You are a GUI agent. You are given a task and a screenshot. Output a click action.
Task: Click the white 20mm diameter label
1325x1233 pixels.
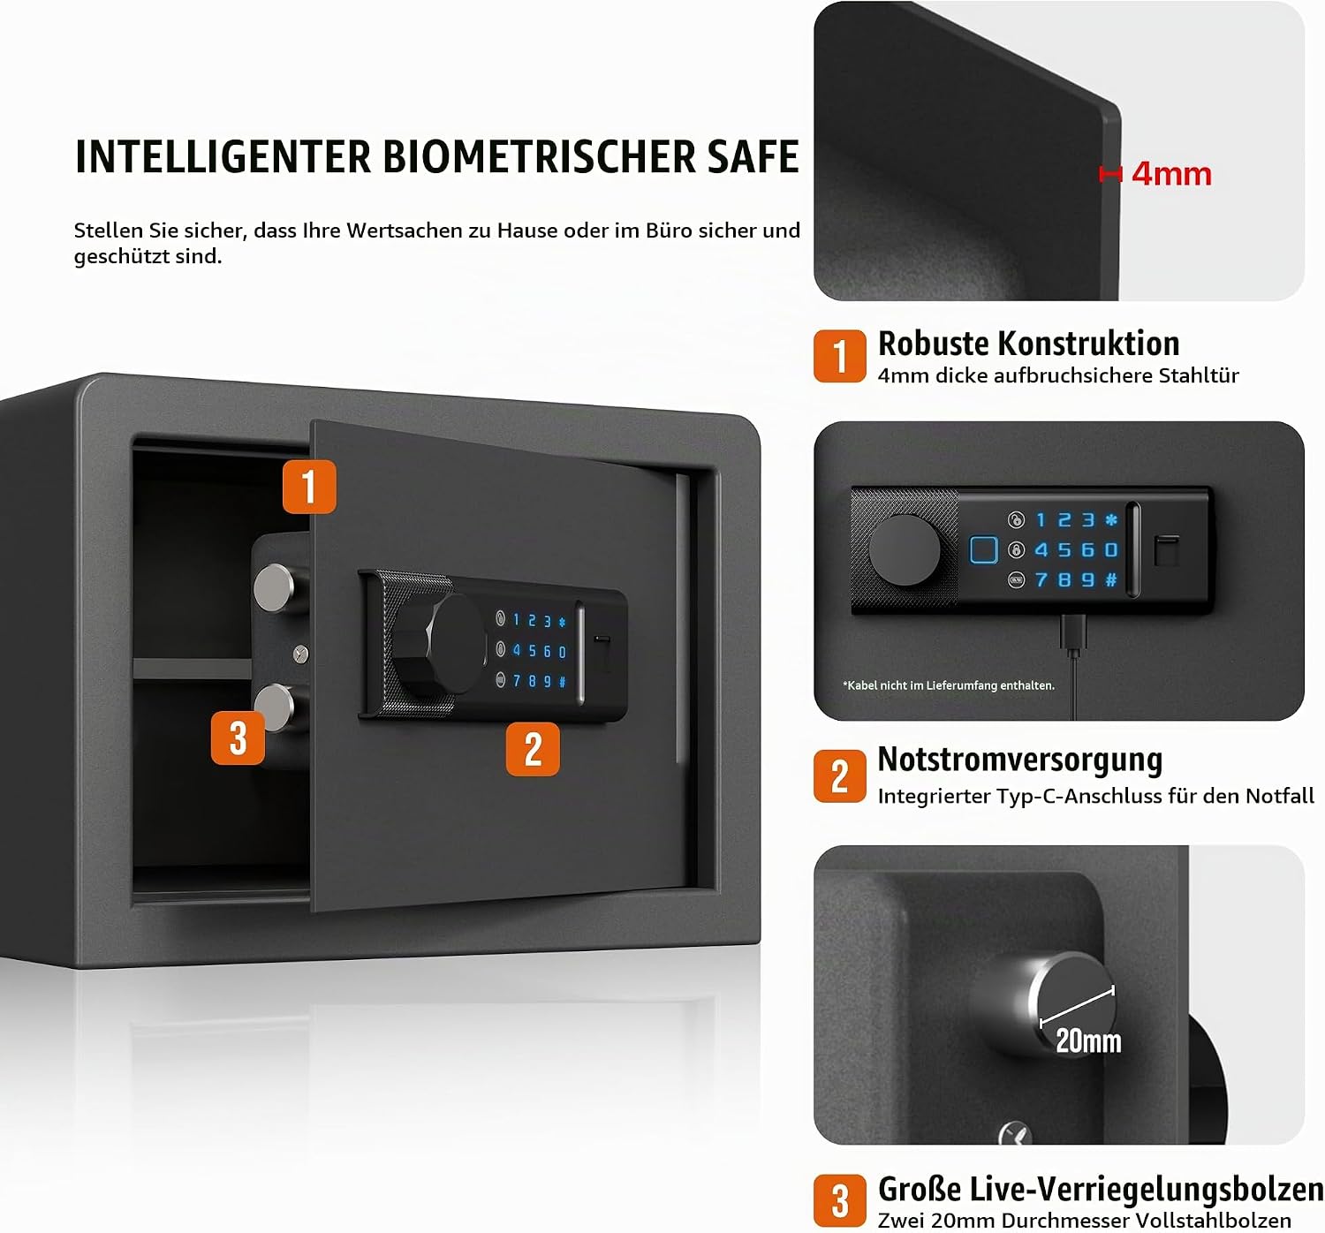[1089, 1040]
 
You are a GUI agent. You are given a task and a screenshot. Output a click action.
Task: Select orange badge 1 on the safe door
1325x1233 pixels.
[309, 487]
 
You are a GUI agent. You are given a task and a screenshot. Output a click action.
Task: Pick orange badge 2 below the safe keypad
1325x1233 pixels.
[533, 749]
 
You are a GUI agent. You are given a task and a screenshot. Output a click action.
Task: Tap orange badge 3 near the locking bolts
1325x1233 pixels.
[238, 738]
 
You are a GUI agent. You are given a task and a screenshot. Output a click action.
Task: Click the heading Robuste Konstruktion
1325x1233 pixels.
[1028, 344]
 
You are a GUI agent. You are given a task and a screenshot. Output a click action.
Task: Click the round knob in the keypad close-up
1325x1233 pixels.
[904, 549]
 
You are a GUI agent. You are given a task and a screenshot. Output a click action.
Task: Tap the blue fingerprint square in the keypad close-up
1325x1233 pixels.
[983, 549]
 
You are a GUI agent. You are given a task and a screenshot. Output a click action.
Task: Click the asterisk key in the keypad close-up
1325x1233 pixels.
[1111, 519]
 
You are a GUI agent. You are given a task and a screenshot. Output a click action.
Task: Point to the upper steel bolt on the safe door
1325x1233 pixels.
[274, 587]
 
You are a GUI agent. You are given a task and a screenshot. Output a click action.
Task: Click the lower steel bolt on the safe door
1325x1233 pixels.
[274, 707]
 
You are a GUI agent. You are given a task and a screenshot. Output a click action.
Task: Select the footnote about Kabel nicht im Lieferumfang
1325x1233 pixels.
[948, 685]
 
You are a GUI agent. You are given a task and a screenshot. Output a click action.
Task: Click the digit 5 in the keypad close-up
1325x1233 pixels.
[1064, 549]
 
